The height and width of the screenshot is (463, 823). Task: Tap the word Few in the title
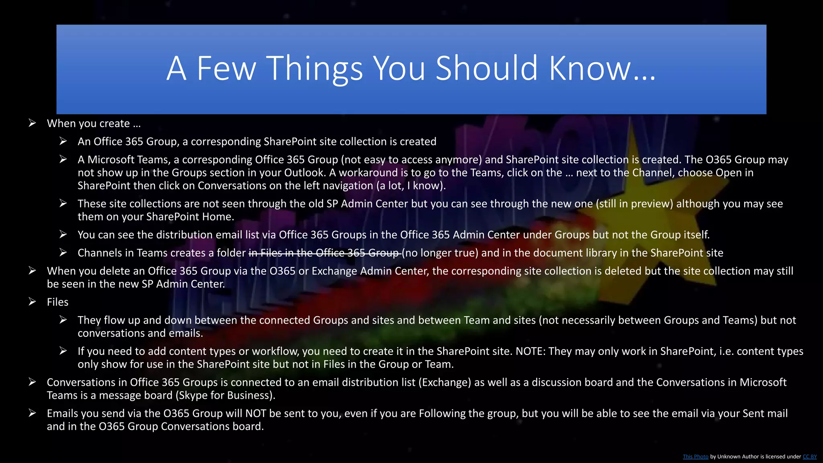pos(226,68)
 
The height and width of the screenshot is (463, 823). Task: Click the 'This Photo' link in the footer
pos(695,457)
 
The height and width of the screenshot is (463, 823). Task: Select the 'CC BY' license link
pos(809,457)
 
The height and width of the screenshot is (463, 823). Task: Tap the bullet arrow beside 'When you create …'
pos(33,123)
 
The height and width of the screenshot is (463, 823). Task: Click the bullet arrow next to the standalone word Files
pos(33,302)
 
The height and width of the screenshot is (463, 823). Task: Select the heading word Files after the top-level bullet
pos(57,302)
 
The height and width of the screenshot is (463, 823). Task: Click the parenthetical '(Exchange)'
pos(444,382)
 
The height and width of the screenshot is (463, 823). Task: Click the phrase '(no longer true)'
pos(440,253)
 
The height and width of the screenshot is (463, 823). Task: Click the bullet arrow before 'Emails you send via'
pos(33,413)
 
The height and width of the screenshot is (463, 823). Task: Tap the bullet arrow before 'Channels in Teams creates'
pos(63,252)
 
